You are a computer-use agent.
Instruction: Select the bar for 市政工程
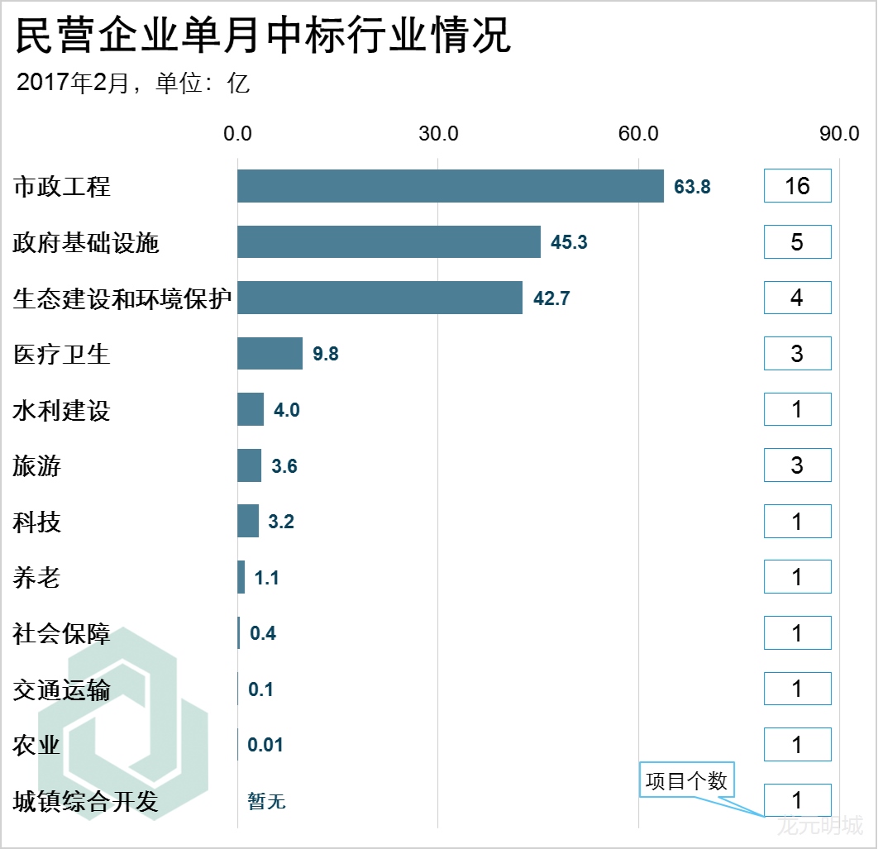click(x=451, y=186)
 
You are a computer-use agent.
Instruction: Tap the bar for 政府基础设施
click(x=389, y=242)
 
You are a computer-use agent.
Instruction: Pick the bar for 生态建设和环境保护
click(x=380, y=298)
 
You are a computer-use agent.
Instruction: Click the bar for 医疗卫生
click(x=270, y=354)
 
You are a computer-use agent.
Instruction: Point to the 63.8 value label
click(x=692, y=187)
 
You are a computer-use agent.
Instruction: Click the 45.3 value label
click(x=569, y=243)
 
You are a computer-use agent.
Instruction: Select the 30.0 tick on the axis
click(x=438, y=133)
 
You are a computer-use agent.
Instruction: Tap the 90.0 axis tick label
click(x=839, y=133)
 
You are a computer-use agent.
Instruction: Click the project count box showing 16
click(x=797, y=186)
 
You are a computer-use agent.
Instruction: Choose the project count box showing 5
click(x=797, y=242)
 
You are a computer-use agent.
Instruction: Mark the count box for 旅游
click(x=797, y=465)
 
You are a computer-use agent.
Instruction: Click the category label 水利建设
click(x=62, y=410)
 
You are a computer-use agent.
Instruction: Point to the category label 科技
click(x=37, y=522)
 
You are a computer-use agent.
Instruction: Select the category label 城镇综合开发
click(x=86, y=801)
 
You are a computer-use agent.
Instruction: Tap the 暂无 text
click(x=266, y=801)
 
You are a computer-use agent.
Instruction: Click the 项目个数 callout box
click(x=686, y=781)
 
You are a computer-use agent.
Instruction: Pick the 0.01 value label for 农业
click(x=265, y=746)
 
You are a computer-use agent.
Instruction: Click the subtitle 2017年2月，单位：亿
click(x=133, y=83)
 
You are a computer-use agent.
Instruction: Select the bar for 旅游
click(x=250, y=465)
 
